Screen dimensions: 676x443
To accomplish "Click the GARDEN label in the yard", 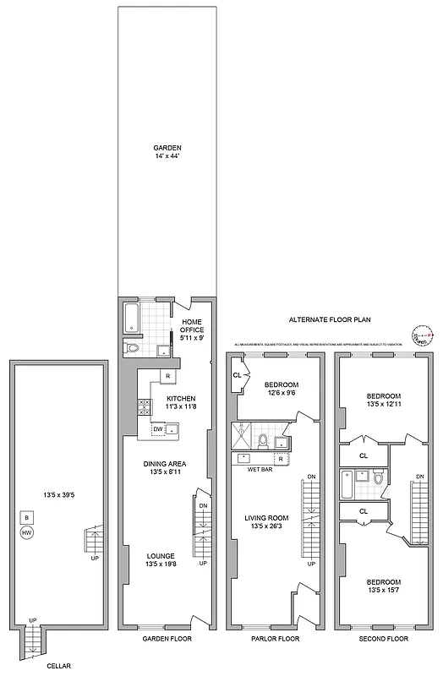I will click(x=167, y=147).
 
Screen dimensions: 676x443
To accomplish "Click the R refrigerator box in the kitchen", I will click(x=167, y=375).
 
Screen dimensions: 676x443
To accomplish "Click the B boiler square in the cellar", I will click(x=27, y=517).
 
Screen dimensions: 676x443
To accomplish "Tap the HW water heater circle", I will click(x=27, y=532).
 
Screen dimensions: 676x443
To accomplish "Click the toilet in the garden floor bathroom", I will click(x=131, y=347).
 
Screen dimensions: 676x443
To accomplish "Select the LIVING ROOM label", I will click(x=268, y=518).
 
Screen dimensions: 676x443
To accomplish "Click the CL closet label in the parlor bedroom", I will click(x=237, y=375).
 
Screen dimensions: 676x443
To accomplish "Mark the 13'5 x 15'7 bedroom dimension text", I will click(x=384, y=592).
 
